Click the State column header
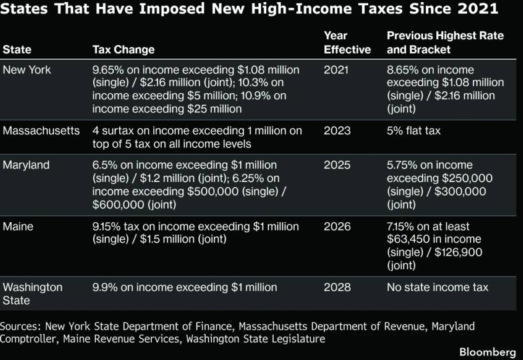pyautogui.click(x=17, y=50)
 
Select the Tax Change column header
pyautogui.click(x=123, y=50)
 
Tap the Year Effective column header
pyautogui.click(x=347, y=43)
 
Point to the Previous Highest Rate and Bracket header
pyautogui.click(x=445, y=43)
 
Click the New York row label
pyautogui.click(x=27, y=70)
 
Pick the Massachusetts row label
pyautogui.click(x=41, y=131)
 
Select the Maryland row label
pyautogui.click(x=26, y=165)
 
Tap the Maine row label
pyautogui.click(x=18, y=227)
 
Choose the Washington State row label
pyautogui.click(x=32, y=294)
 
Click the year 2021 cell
pyautogui.click(x=336, y=70)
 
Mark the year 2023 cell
pyautogui.click(x=336, y=131)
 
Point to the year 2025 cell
pyautogui.click(x=336, y=165)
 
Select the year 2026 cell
pyautogui.click(x=336, y=227)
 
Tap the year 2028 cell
pyautogui.click(x=336, y=288)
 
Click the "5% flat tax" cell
pyautogui.click(x=414, y=131)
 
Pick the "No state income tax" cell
pyautogui.click(x=438, y=288)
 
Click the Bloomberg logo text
pyautogui.click(x=487, y=351)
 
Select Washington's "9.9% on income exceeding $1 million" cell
pyautogui.click(x=184, y=288)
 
